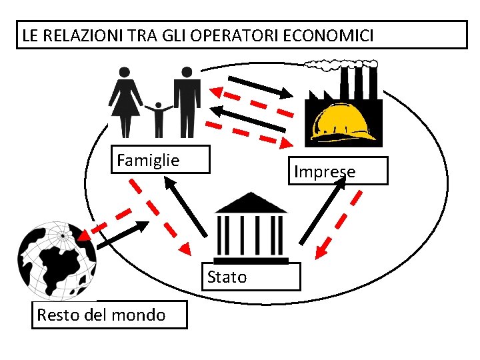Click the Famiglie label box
coord(159,160)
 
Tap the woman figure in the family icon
coord(125,100)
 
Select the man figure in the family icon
coord(187,100)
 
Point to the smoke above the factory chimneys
coord(337,64)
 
